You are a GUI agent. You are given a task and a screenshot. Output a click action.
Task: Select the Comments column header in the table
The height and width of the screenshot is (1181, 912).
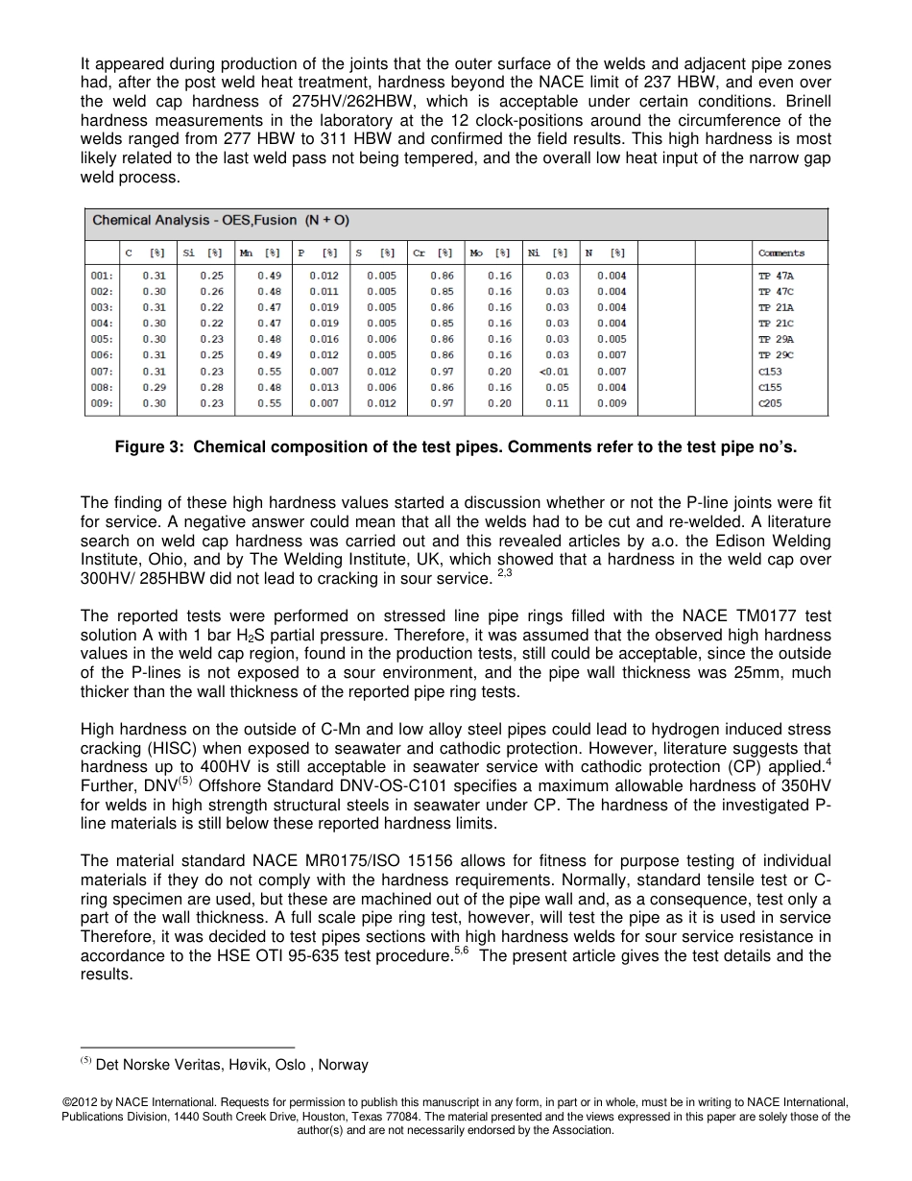tap(780, 253)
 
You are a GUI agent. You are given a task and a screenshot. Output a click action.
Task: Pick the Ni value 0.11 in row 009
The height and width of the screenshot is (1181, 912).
tap(560, 403)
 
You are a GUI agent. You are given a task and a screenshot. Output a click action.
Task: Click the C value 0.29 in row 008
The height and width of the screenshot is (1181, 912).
tap(154, 388)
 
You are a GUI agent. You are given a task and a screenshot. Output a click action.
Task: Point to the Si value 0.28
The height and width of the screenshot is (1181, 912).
tap(211, 388)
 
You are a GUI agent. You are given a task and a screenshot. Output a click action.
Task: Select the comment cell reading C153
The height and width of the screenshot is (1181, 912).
tap(770, 372)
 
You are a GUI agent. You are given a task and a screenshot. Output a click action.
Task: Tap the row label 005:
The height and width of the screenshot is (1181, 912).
tap(102, 339)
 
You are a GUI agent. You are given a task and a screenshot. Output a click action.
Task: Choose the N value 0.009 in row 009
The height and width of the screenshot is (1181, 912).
tap(612, 403)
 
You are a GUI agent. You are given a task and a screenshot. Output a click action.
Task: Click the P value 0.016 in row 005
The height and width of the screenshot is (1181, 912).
tap(324, 339)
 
